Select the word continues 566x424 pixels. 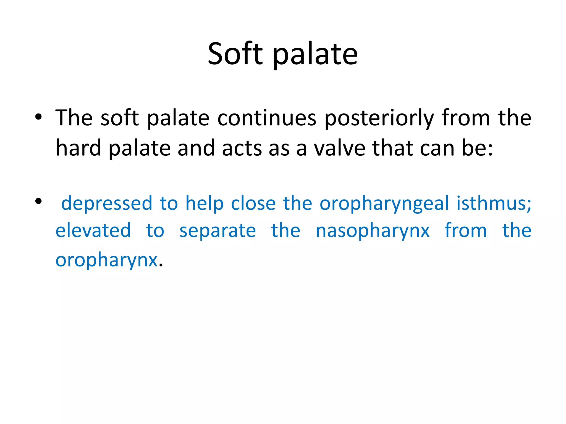tap(267, 118)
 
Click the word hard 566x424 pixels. tap(78, 148)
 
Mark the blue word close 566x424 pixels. tap(253, 203)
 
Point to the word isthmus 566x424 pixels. tap(493, 203)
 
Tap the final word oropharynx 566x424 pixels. tap(106, 260)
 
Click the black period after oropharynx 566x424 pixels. tap(161, 266)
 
